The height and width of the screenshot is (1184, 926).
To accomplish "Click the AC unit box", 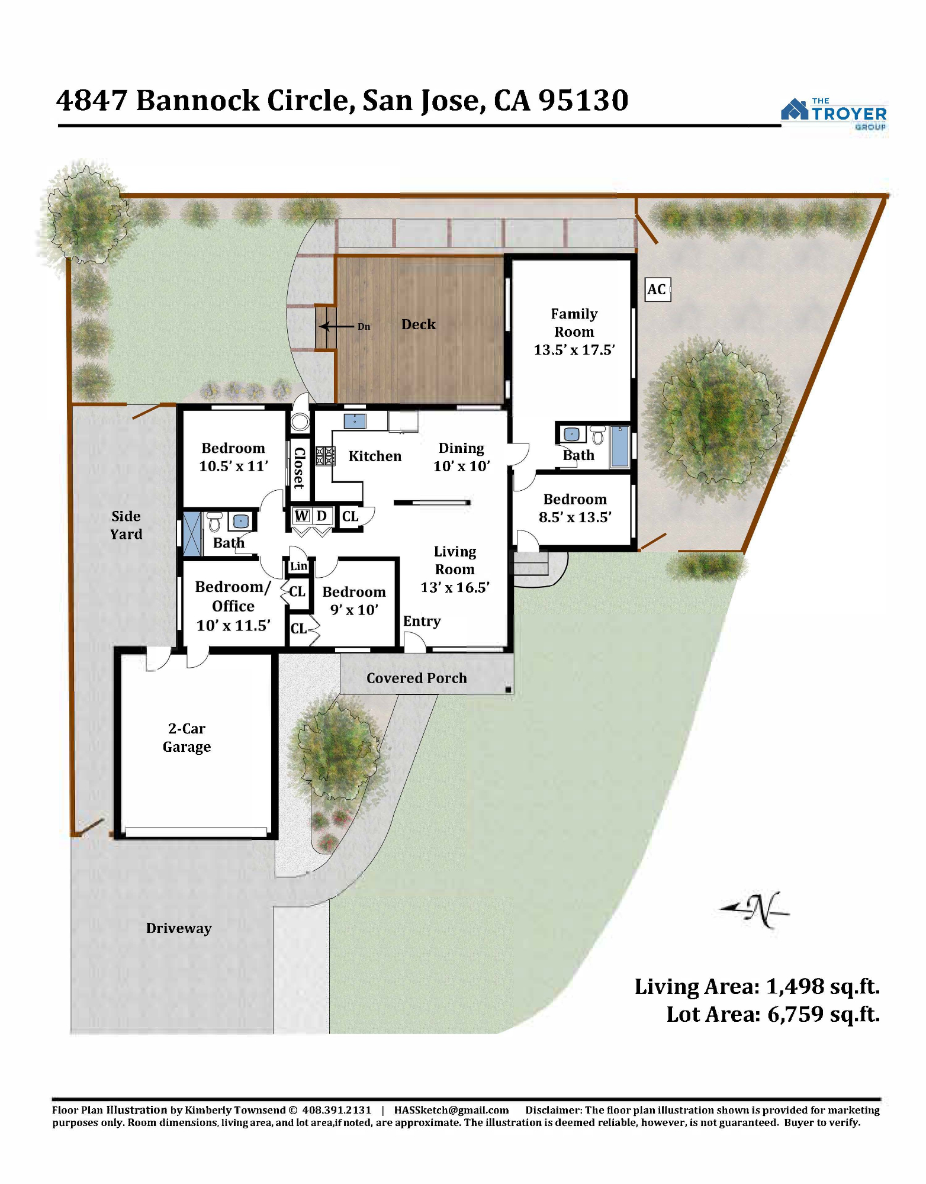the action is point(657,289).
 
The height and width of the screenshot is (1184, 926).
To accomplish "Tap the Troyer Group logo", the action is point(834,114).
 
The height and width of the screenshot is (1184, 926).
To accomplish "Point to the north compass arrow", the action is point(754,910).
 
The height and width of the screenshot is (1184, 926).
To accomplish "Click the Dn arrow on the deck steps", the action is point(337,326).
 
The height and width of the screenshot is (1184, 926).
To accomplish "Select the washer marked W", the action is point(301,516).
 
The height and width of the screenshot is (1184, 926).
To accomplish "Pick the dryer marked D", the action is point(321,516).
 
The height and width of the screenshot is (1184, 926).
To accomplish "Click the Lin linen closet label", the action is point(298,566).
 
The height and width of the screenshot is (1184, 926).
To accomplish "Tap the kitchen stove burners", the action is point(325,456).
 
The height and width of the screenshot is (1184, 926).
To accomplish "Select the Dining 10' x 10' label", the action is point(462,457).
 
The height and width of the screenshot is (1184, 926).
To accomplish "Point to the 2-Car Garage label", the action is point(187,738).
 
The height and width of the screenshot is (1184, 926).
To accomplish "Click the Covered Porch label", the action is point(417,678).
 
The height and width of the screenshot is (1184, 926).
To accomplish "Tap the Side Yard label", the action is point(126,525).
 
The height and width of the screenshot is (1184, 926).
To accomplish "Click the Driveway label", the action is point(179,928).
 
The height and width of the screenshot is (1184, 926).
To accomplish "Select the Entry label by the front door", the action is point(422,622).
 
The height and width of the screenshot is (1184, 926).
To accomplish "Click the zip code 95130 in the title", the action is point(583,101).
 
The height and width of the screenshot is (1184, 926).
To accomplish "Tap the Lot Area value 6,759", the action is point(796,1015).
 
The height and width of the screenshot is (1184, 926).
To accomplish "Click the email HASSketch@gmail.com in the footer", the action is point(452,1110).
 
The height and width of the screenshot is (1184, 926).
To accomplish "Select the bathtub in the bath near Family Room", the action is point(619,446).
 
